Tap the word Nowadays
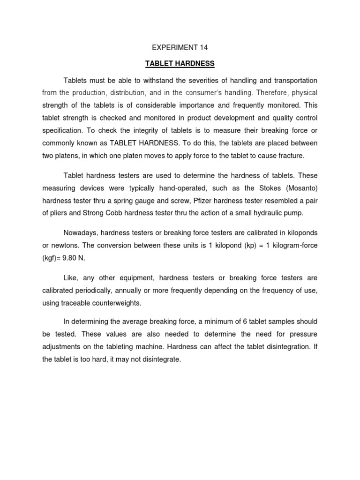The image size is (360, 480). point(81,233)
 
